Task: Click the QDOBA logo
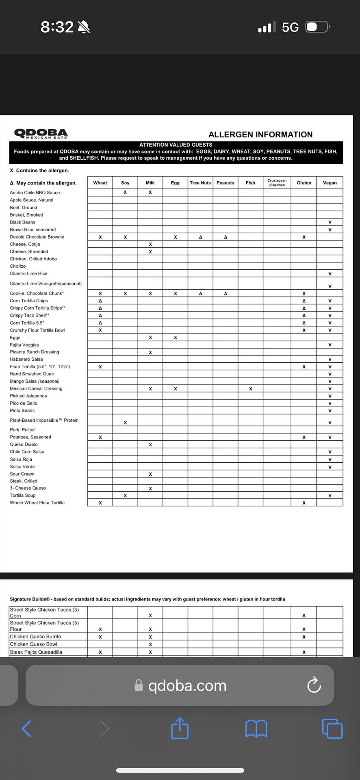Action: pos(41,133)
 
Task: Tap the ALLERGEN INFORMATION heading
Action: pos(260,134)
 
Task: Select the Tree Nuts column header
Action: pos(200,183)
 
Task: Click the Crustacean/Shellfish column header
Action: pos(277,183)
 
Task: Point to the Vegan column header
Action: pos(330,183)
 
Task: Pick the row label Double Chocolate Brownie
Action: pos(37,237)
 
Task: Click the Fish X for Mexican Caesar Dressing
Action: pos(251,389)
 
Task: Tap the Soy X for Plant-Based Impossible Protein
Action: pos(125,422)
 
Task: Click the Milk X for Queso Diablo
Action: pos(150,444)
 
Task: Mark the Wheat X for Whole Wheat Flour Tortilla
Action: pos(100,503)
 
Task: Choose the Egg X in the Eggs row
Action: pos(176,338)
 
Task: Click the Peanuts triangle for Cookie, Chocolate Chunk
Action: pos(226,293)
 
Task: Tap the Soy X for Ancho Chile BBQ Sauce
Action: pos(125,193)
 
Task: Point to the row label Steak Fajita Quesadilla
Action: pos(36,652)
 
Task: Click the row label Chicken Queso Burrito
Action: pos(35,637)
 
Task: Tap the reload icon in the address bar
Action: pos(314,685)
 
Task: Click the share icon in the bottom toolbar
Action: pos(180,728)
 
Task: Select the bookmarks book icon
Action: pos(256,728)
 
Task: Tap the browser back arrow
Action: pos(27,728)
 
